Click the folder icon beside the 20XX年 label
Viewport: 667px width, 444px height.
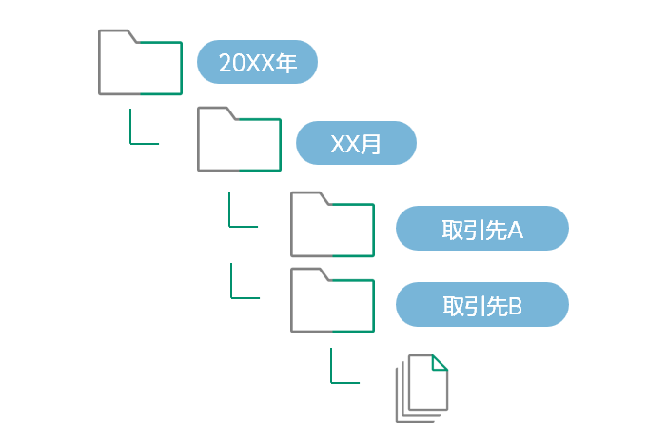(x=140, y=64)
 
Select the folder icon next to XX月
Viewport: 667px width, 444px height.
(x=239, y=140)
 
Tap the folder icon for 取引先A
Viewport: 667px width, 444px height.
(x=332, y=226)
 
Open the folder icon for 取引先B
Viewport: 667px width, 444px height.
(x=332, y=301)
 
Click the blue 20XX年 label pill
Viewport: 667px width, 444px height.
(x=257, y=63)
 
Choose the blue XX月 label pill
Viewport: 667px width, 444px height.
(x=356, y=144)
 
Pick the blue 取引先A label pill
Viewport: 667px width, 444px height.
(x=481, y=229)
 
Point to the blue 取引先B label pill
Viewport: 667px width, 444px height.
(x=481, y=305)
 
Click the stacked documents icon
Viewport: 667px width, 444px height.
(x=422, y=388)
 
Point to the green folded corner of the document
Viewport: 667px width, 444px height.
(x=440, y=363)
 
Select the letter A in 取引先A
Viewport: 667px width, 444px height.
(x=516, y=230)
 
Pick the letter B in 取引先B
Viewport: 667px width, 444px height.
(x=515, y=306)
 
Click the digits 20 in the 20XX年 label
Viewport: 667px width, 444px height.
(x=232, y=64)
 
